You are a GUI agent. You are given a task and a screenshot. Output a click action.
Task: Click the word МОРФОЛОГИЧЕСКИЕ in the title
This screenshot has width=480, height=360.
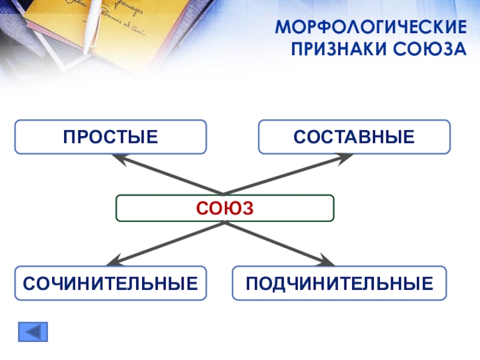pyautogui.click(x=370, y=28)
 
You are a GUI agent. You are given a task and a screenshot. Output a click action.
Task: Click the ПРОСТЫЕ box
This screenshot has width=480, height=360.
pyautogui.click(x=111, y=137)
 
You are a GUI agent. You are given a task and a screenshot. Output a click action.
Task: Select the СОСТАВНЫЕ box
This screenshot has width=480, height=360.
pyautogui.click(x=354, y=137)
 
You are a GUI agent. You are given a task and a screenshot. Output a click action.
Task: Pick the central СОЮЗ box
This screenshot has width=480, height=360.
pyautogui.click(x=225, y=208)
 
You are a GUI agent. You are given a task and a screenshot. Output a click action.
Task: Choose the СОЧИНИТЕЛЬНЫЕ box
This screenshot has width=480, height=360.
pyautogui.click(x=111, y=283)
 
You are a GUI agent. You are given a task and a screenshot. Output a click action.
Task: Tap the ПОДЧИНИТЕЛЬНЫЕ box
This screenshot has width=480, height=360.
pyautogui.click(x=340, y=283)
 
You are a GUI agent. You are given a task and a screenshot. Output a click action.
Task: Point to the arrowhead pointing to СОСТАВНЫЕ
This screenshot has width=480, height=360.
pyautogui.click(x=348, y=158)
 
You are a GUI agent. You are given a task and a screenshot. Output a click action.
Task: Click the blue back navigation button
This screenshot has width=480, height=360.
pyautogui.click(x=33, y=332)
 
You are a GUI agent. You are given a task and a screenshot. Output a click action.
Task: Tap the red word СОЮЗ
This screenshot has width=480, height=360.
pyautogui.click(x=225, y=208)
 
